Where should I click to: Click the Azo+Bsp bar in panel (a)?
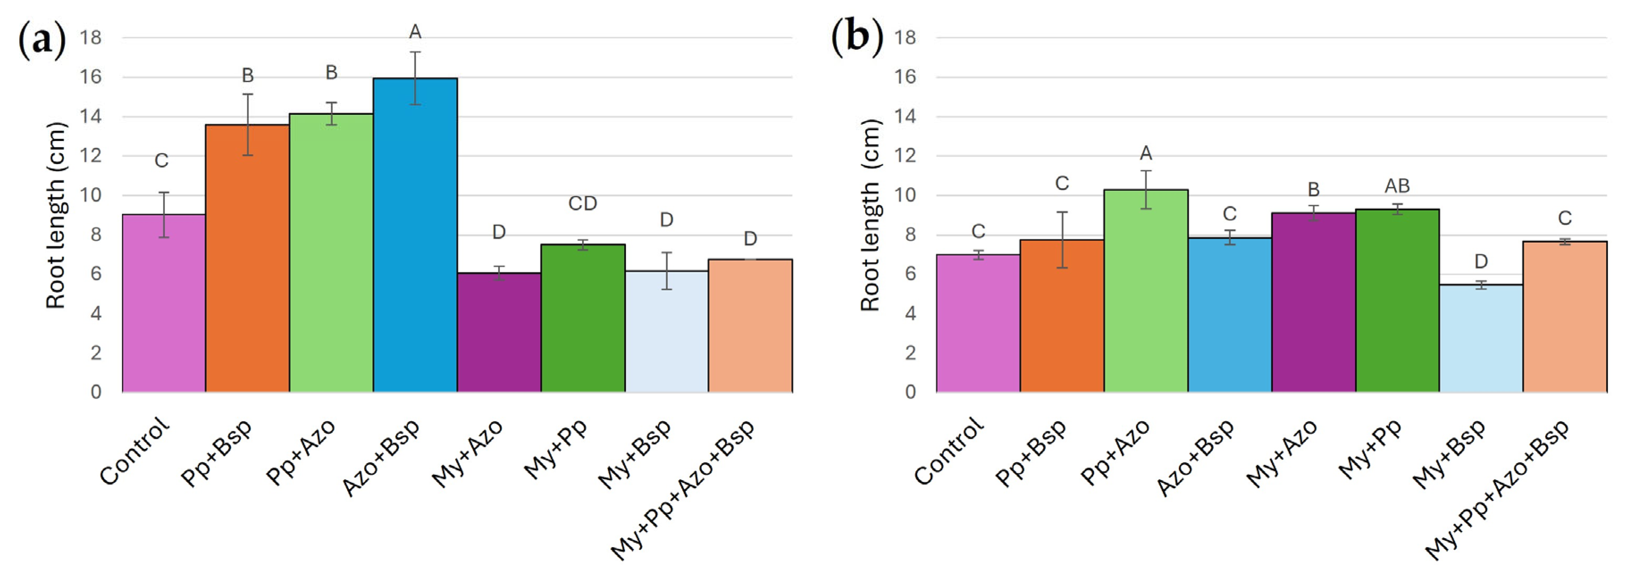coord(415,235)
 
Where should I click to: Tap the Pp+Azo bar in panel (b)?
coord(1146,291)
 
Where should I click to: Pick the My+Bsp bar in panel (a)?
coord(667,332)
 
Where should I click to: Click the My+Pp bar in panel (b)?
coord(1397,301)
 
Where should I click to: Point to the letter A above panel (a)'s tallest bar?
coord(415,32)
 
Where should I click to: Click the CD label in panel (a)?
coord(583,203)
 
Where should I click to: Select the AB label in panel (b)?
coord(1397,186)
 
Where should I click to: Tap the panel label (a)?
coord(42,39)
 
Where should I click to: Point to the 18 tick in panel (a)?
coord(90,38)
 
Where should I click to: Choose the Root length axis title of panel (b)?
coord(870,215)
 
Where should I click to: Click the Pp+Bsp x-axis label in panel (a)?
coord(216,452)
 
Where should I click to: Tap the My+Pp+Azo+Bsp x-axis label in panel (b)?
coord(1497,489)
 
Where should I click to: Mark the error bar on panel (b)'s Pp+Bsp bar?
coord(1062,240)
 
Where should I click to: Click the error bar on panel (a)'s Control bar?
coord(164,215)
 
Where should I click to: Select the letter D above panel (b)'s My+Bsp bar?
coord(1481,262)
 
